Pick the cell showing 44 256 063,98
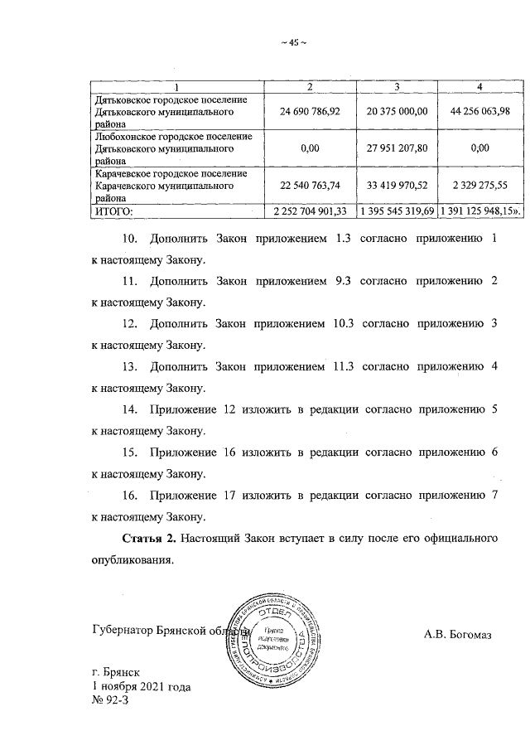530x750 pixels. (x=480, y=111)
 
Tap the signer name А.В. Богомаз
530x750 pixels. (x=457, y=636)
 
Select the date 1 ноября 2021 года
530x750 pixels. (x=142, y=688)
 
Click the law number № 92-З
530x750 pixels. (x=112, y=701)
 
